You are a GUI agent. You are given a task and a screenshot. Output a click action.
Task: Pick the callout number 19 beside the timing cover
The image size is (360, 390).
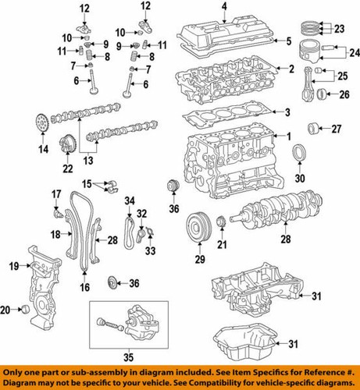pyautogui.click(x=13, y=267)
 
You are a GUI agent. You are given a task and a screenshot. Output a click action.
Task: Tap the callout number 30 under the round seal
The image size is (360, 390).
pyautogui.click(x=300, y=176)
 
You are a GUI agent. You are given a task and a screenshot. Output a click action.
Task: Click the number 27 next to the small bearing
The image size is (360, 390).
pyautogui.click(x=337, y=128)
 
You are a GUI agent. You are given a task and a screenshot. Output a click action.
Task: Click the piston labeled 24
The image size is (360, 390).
pyautogui.click(x=310, y=55)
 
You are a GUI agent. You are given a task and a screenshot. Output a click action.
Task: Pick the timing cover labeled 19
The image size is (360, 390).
pyautogui.click(x=43, y=281)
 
